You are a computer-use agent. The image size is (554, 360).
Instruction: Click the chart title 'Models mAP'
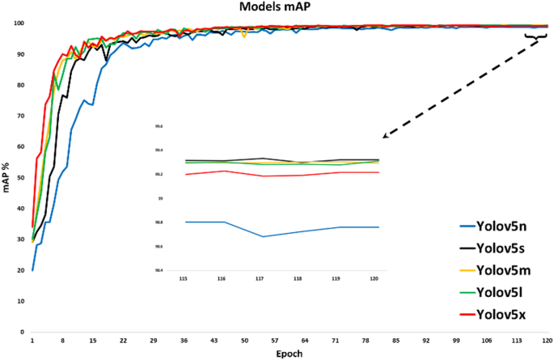[x=277, y=7]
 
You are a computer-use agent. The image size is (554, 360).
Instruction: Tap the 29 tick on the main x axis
[x=154, y=341]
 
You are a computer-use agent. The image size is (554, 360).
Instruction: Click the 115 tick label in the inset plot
[x=185, y=277]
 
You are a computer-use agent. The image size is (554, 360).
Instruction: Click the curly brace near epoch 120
[x=535, y=37]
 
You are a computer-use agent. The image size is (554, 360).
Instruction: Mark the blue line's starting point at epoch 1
[x=32, y=270]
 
